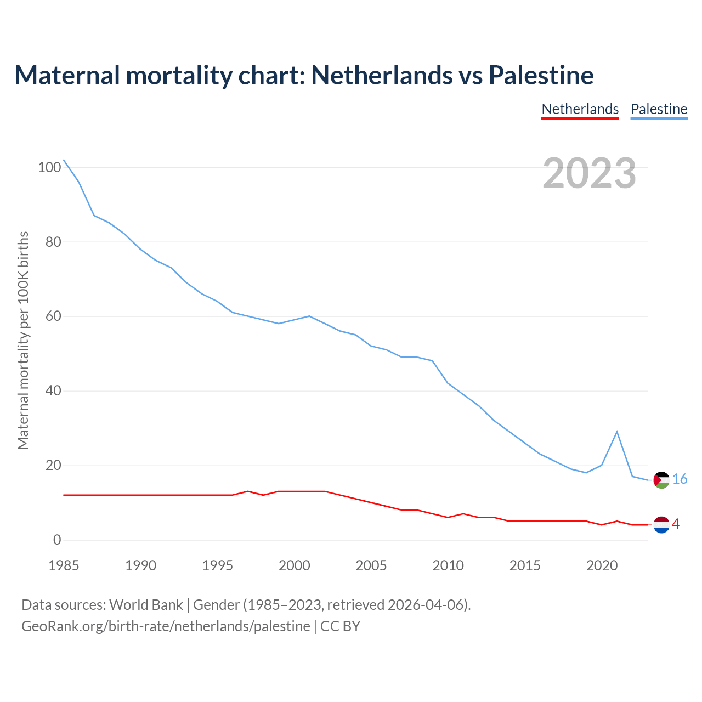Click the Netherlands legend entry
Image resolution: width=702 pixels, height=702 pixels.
click(580, 109)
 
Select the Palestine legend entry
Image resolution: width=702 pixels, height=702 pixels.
click(659, 109)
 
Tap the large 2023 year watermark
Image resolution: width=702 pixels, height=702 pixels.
click(589, 173)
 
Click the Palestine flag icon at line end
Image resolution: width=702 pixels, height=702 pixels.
click(662, 480)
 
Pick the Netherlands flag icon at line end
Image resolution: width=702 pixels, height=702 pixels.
click(662, 525)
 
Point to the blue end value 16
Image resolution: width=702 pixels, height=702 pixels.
click(680, 479)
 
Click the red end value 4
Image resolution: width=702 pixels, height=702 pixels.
click(676, 524)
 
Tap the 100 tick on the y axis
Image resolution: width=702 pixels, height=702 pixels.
click(49, 167)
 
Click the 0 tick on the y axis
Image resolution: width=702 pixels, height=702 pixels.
click(57, 540)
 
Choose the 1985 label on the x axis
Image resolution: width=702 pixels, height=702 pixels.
click(64, 565)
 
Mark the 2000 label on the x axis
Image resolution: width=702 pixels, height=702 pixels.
click(295, 565)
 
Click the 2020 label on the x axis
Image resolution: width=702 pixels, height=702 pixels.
click(602, 565)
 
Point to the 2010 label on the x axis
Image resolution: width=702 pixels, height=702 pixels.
click(448, 565)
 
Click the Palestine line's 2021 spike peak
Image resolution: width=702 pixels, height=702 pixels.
click(617, 432)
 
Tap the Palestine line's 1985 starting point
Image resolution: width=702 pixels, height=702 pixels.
click(64, 160)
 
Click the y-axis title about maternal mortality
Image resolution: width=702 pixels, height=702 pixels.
click(23, 340)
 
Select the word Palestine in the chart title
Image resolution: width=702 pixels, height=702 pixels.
click(541, 75)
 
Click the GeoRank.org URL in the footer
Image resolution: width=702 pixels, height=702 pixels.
click(166, 626)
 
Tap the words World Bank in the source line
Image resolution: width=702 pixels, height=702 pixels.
click(146, 605)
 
